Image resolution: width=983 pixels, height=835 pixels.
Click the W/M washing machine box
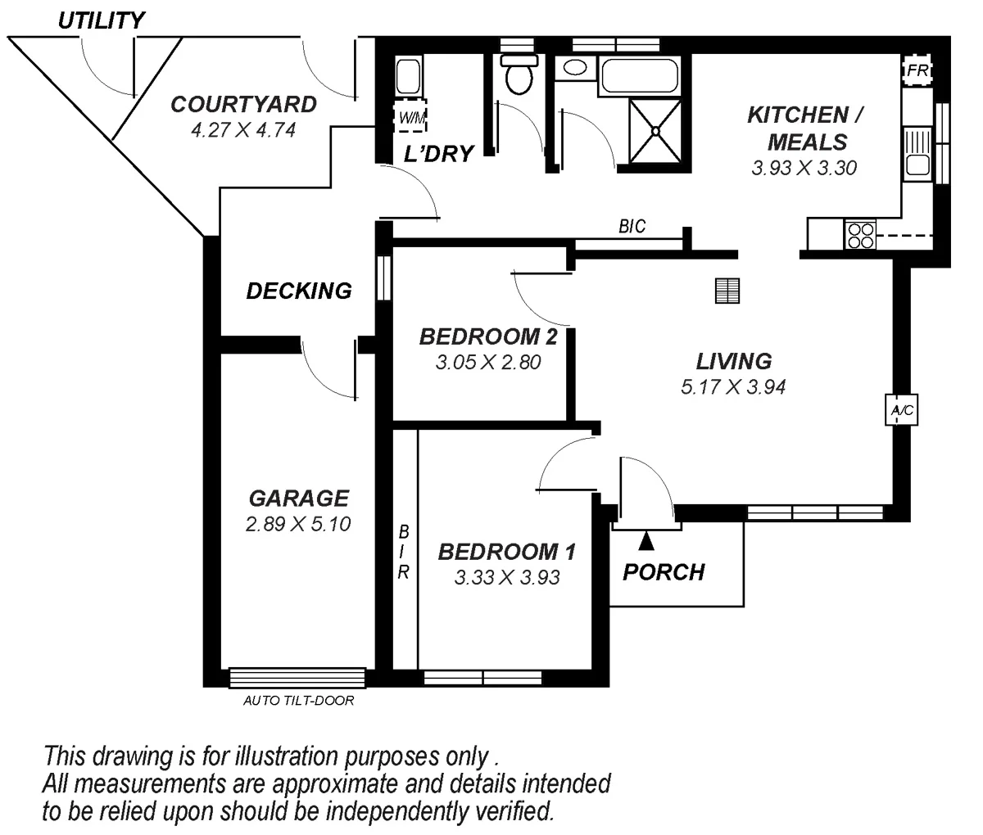tap(410, 118)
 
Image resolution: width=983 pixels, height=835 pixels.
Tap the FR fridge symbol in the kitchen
tap(917, 71)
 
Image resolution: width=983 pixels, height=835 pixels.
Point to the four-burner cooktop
tap(860, 236)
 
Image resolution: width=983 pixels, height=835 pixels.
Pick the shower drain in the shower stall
tap(655, 129)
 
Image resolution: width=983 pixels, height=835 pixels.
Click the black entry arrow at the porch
tap(646, 541)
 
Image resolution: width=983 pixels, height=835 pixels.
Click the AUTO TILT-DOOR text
tap(299, 701)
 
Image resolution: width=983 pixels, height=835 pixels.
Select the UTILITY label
tap(101, 20)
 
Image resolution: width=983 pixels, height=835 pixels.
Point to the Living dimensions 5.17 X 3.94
tap(733, 387)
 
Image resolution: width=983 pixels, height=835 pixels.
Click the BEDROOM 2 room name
tap(488, 336)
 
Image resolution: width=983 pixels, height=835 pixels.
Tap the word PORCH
tap(664, 572)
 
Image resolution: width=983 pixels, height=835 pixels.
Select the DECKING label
tap(299, 291)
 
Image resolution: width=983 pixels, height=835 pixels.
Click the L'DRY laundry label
tap(439, 153)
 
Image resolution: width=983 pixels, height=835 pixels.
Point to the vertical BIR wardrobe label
tap(404, 553)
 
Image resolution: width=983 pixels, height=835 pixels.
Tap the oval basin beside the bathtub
tap(577, 68)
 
